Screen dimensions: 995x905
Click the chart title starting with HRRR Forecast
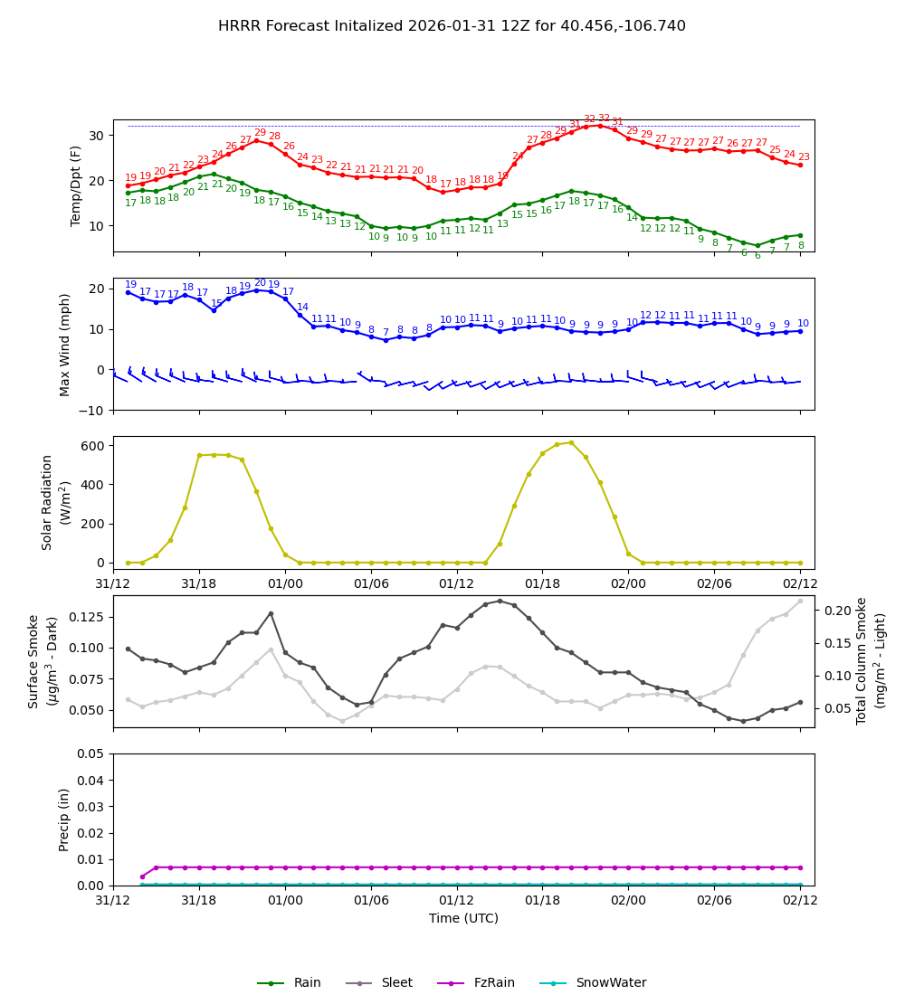pyautogui.click(x=452, y=26)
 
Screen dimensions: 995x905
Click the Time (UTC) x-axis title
pyautogui.click(x=463, y=918)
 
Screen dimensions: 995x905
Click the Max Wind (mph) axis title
pyautogui.click(x=65, y=345)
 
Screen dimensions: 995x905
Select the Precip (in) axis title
pyautogui.click(x=64, y=820)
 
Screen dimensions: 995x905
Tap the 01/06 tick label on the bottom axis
pyautogui.click(x=371, y=901)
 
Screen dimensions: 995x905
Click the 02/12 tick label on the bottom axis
pyautogui.click(x=800, y=901)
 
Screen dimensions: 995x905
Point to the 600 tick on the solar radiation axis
pyautogui.click(x=95, y=445)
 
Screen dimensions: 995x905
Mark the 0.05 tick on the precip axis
pyautogui.click(x=90, y=753)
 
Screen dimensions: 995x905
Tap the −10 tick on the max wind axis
pyautogui.click(x=91, y=410)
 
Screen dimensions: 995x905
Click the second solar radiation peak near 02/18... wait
pyautogui.click(x=571, y=442)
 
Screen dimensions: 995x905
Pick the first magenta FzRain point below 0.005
pyautogui.click(x=142, y=877)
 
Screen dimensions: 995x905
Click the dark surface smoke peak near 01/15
pyautogui.click(x=500, y=601)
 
